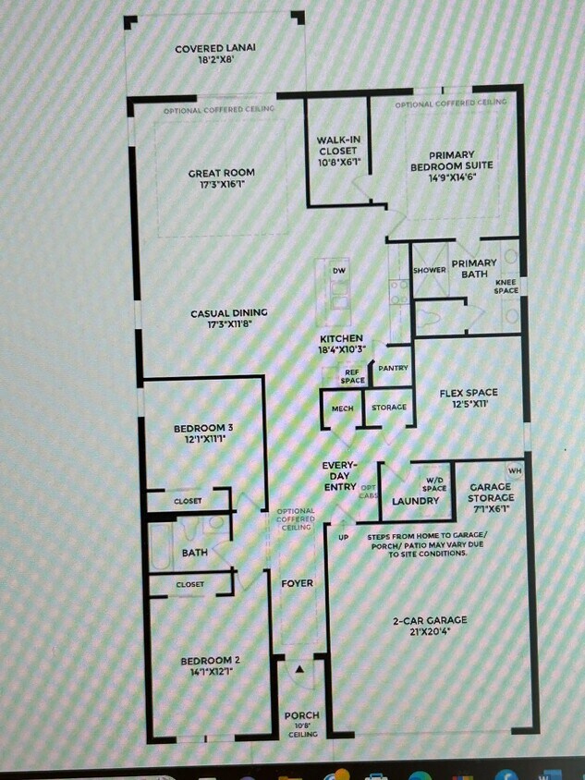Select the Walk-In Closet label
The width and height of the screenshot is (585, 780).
(338, 151)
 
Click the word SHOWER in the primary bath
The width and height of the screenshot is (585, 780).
(430, 270)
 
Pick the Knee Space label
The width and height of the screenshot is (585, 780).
(506, 286)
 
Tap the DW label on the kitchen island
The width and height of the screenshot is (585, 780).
(338, 270)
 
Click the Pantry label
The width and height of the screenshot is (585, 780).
(393, 368)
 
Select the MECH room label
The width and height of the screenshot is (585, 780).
(342, 408)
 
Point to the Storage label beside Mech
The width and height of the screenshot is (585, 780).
(389, 408)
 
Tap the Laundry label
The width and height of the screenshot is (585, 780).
(415, 501)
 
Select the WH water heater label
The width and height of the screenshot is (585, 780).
(515, 470)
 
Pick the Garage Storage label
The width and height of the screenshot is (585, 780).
(491, 492)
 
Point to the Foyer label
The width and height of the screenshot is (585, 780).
(297, 583)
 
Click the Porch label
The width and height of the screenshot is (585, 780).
(301, 715)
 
